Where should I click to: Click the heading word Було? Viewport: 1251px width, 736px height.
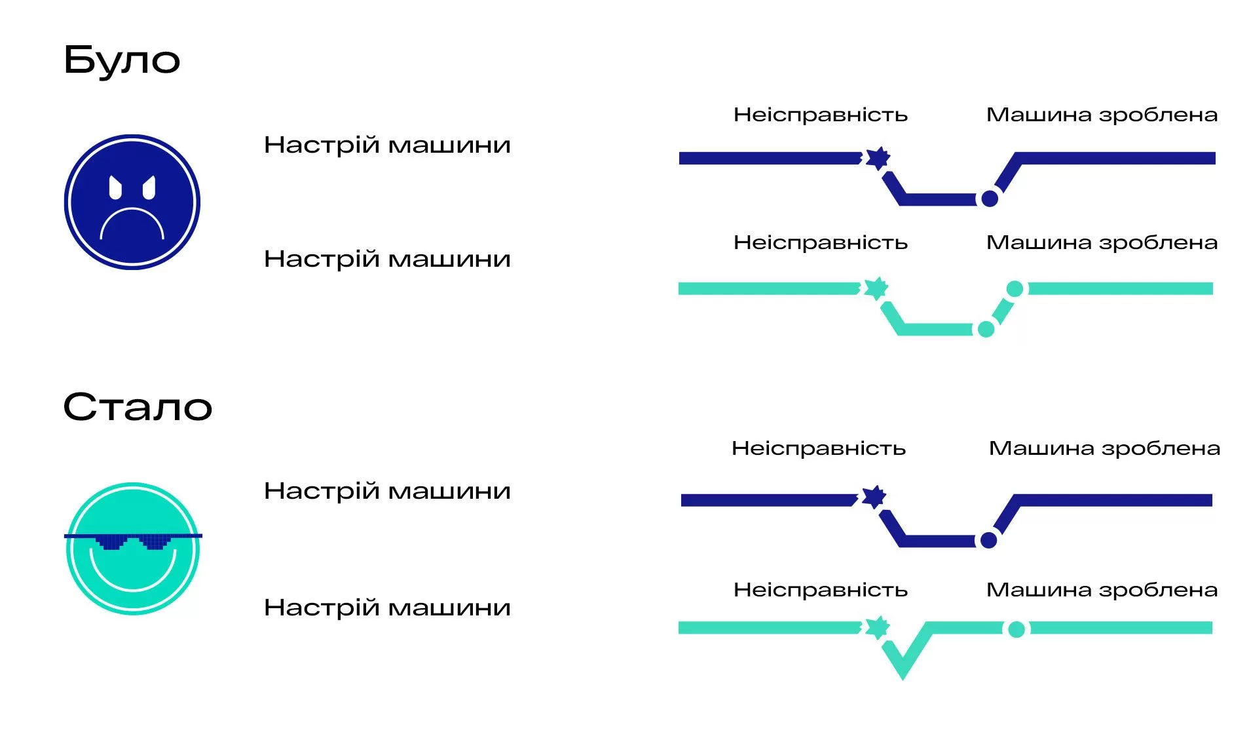pos(121,60)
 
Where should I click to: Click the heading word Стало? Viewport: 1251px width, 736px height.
pos(138,407)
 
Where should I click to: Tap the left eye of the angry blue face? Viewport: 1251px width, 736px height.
pos(115,188)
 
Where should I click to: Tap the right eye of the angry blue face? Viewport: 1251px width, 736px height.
pos(149,188)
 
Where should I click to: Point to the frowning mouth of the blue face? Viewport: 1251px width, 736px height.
pos(132,223)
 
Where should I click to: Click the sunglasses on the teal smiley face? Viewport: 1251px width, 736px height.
pos(133,541)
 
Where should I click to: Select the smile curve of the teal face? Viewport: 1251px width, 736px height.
pos(133,577)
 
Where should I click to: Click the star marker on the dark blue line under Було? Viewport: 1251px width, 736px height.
pos(878,158)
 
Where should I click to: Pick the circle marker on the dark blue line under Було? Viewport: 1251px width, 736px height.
pos(989,198)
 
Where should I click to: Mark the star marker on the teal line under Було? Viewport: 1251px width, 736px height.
pos(876,288)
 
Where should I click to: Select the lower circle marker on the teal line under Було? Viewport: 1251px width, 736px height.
pos(985,329)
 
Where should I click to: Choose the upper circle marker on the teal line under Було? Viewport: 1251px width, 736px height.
pos(1015,288)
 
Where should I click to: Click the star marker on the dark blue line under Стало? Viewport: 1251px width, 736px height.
pos(874,497)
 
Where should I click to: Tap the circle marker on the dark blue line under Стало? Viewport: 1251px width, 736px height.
pos(988,540)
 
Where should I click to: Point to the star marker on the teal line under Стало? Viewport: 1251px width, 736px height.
pos(877,627)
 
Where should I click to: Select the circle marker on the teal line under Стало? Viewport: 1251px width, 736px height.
pos(1016,629)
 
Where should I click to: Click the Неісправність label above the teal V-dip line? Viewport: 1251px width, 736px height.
pos(820,590)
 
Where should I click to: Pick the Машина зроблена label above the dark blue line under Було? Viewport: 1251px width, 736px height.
pos(1102,115)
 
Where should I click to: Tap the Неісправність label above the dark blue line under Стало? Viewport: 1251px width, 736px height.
pos(818,448)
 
